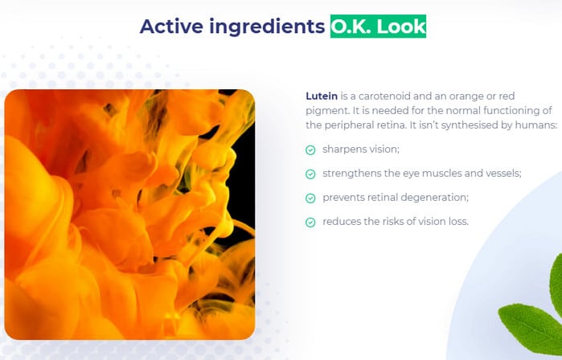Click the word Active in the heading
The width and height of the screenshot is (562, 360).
coord(171,27)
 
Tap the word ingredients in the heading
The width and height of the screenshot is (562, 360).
coord(267,27)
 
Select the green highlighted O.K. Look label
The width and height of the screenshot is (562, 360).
coord(378,27)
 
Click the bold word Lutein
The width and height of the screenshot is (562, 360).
coord(322,96)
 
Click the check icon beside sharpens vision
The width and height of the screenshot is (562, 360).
coord(310,150)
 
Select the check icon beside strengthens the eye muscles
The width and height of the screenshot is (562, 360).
coord(310,174)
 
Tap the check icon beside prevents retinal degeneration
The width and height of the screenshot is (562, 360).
coord(310,198)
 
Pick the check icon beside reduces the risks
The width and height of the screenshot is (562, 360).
coord(310,223)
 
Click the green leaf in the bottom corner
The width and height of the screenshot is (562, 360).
coord(529,328)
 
